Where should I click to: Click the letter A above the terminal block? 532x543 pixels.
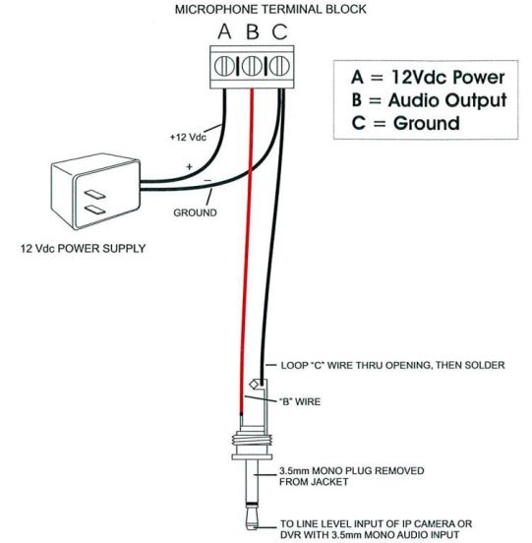[224, 31]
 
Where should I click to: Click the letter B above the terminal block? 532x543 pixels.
[253, 31]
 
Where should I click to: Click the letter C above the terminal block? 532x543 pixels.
[279, 31]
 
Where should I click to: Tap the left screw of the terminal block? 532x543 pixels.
[224, 66]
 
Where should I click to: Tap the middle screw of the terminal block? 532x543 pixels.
[252, 66]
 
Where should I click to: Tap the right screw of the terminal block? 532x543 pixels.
[279, 66]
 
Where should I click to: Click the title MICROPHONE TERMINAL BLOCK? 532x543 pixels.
[270, 10]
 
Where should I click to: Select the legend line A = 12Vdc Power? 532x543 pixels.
[428, 77]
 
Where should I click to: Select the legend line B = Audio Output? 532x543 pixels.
[429, 100]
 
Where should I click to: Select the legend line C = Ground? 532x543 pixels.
[406, 123]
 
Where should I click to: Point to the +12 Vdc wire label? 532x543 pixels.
[188, 137]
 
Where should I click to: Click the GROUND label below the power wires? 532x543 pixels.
[196, 212]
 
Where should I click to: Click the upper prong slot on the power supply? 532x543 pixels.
[95, 194]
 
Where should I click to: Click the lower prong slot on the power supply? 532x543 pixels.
[95, 210]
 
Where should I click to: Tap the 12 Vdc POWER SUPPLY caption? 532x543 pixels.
[83, 249]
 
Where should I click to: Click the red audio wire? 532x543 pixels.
[247, 251]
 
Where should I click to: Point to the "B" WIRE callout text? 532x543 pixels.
[300, 401]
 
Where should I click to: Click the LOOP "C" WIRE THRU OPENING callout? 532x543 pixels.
[393, 365]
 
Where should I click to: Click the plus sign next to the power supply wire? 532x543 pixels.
[190, 167]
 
